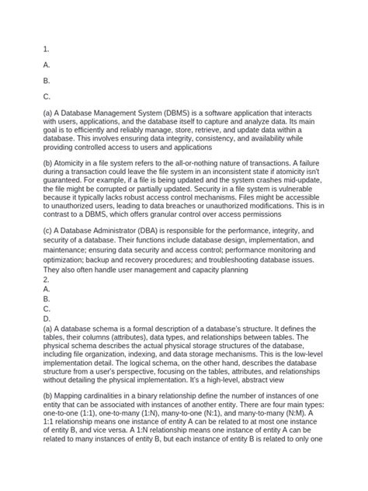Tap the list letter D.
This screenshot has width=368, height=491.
47,318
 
